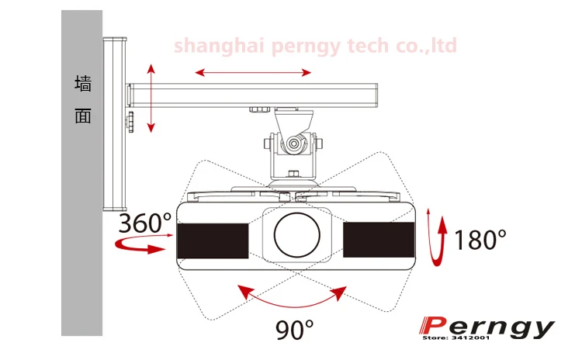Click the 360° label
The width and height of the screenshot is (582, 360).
[145, 223]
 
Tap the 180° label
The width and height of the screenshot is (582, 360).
[480, 240]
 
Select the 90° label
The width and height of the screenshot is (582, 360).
[294, 330]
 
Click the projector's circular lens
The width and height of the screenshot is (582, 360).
[297, 235]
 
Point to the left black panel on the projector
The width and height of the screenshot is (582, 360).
[213, 241]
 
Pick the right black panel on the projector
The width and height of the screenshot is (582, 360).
[379, 240]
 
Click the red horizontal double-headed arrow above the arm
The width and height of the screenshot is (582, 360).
[253, 72]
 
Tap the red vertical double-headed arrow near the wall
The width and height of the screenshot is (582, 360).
[151, 98]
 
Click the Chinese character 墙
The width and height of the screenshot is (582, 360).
[83, 83]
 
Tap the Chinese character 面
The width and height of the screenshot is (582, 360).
[83, 116]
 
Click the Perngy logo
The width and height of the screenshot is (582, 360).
[487, 327]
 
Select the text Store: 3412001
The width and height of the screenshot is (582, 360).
[456, 337]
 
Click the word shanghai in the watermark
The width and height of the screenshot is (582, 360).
[219, 46]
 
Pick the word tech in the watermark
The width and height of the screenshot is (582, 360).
[368, 45]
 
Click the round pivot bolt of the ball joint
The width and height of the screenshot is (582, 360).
[294, 144]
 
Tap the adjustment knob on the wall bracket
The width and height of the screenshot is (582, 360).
[130, 121]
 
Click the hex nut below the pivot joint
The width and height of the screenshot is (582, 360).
[294, 173]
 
